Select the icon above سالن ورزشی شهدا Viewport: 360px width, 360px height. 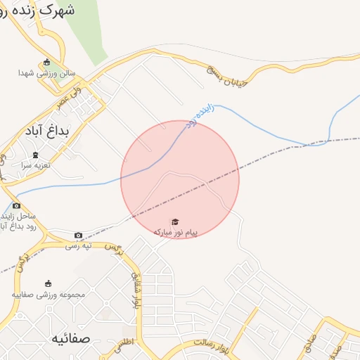click(x=47, y=61)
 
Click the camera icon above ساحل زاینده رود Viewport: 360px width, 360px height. click(x=16, y=205)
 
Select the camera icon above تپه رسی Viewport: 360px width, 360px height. click(x=78, y=235)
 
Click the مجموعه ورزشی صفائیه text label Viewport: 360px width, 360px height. click(x=48, y=295)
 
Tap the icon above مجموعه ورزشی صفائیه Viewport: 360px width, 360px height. click(x=48, y=283)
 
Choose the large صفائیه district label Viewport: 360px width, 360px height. click(x=70, y=338)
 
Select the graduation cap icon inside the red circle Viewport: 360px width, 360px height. click(x=175, y=221)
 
